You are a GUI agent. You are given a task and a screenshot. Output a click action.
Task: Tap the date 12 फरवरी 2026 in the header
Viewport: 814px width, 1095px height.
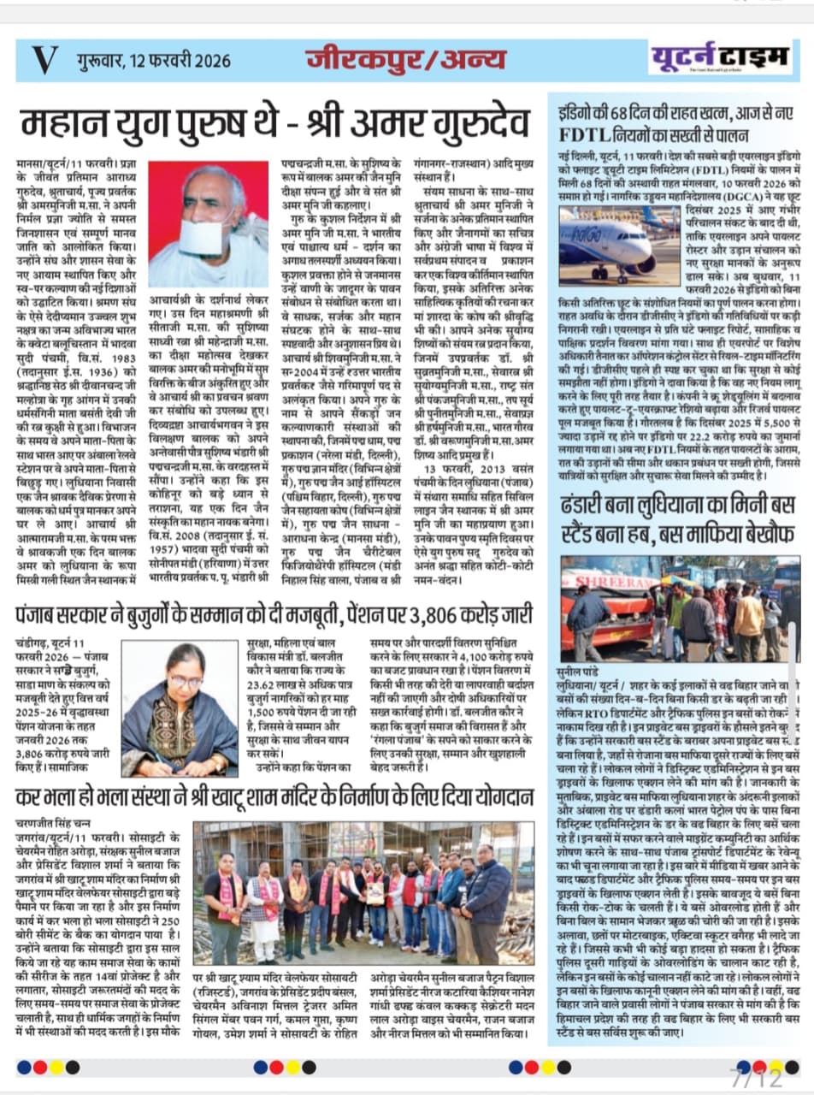(x=158, y=60)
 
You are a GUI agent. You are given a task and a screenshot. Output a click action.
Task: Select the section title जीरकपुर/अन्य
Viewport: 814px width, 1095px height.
(x=405, y=59)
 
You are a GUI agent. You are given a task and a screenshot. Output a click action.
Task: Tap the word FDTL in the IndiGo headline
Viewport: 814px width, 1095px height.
(x=587, y=134)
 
